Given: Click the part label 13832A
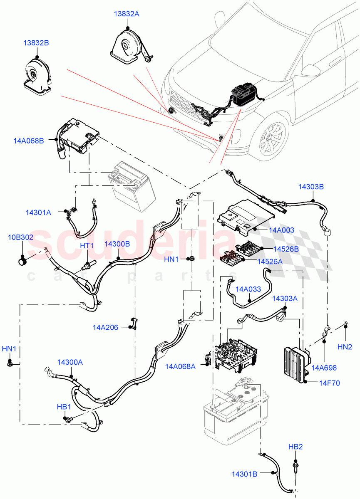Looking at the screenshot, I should (x=127, y=14).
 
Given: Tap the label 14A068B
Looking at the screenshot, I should (x=29, y=141).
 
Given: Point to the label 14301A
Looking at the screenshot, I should (x=38, y=212).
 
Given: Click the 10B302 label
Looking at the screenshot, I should (x=20, y=237).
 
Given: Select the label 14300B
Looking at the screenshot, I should (x=117, y=244).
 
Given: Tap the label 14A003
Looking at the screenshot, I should (x=282, y=230).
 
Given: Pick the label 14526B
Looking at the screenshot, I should (x=286, y=249).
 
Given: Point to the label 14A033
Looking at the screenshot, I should (x=248, y=289).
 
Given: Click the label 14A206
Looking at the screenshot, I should (x=105, y=328).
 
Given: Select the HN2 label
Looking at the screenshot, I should (x=345, y=346).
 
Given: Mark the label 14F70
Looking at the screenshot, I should (x=330, y=383).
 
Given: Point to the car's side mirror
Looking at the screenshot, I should (x=310, y=69).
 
